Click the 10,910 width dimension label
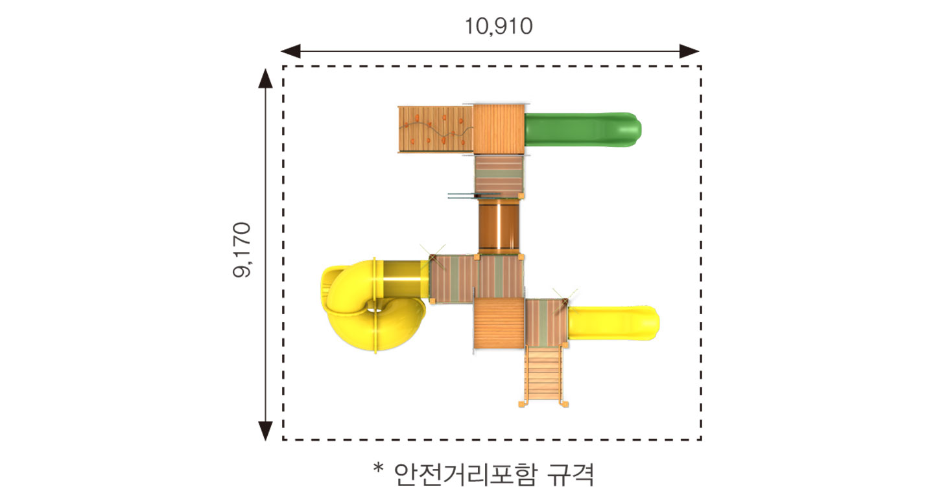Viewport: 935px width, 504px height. (x=499, y=27)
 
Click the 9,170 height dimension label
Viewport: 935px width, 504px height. (x=242, y=249)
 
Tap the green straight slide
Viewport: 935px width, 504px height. (x=583, y=130)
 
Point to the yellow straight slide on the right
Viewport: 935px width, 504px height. (x=613, y=323)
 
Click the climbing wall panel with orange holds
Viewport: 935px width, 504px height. (x=435, y=129)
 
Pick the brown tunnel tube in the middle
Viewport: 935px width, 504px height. (x=499, y=226)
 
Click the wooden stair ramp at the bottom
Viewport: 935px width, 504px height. (x=543, y=375)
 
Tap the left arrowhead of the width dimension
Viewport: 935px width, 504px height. (x=290, y=51)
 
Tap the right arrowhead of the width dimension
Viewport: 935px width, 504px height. (x=689, y=51)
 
